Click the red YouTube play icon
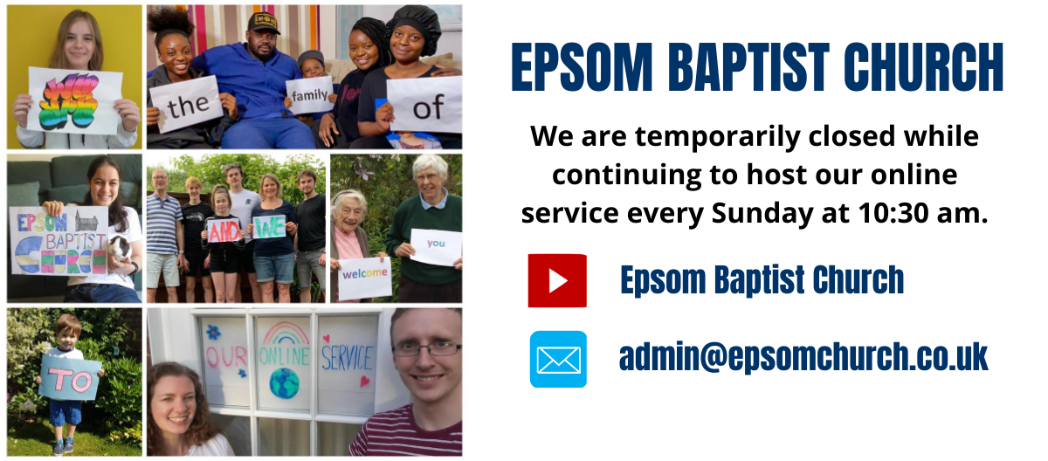coord(557,280)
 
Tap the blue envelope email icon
coord(558,359)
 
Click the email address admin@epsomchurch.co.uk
coord(803,357)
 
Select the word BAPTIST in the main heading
coord(748,67)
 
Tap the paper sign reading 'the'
coord(187,104)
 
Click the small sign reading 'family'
coord(309,95)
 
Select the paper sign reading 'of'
coord(425,105)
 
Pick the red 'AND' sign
coord(224,230)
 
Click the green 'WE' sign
coord(269,227)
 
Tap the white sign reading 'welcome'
coord(365,279)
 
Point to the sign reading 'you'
coord(436,247)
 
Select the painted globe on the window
coord(284,383)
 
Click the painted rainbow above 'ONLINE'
coord(286,333)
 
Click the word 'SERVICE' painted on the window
coord(348,359)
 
